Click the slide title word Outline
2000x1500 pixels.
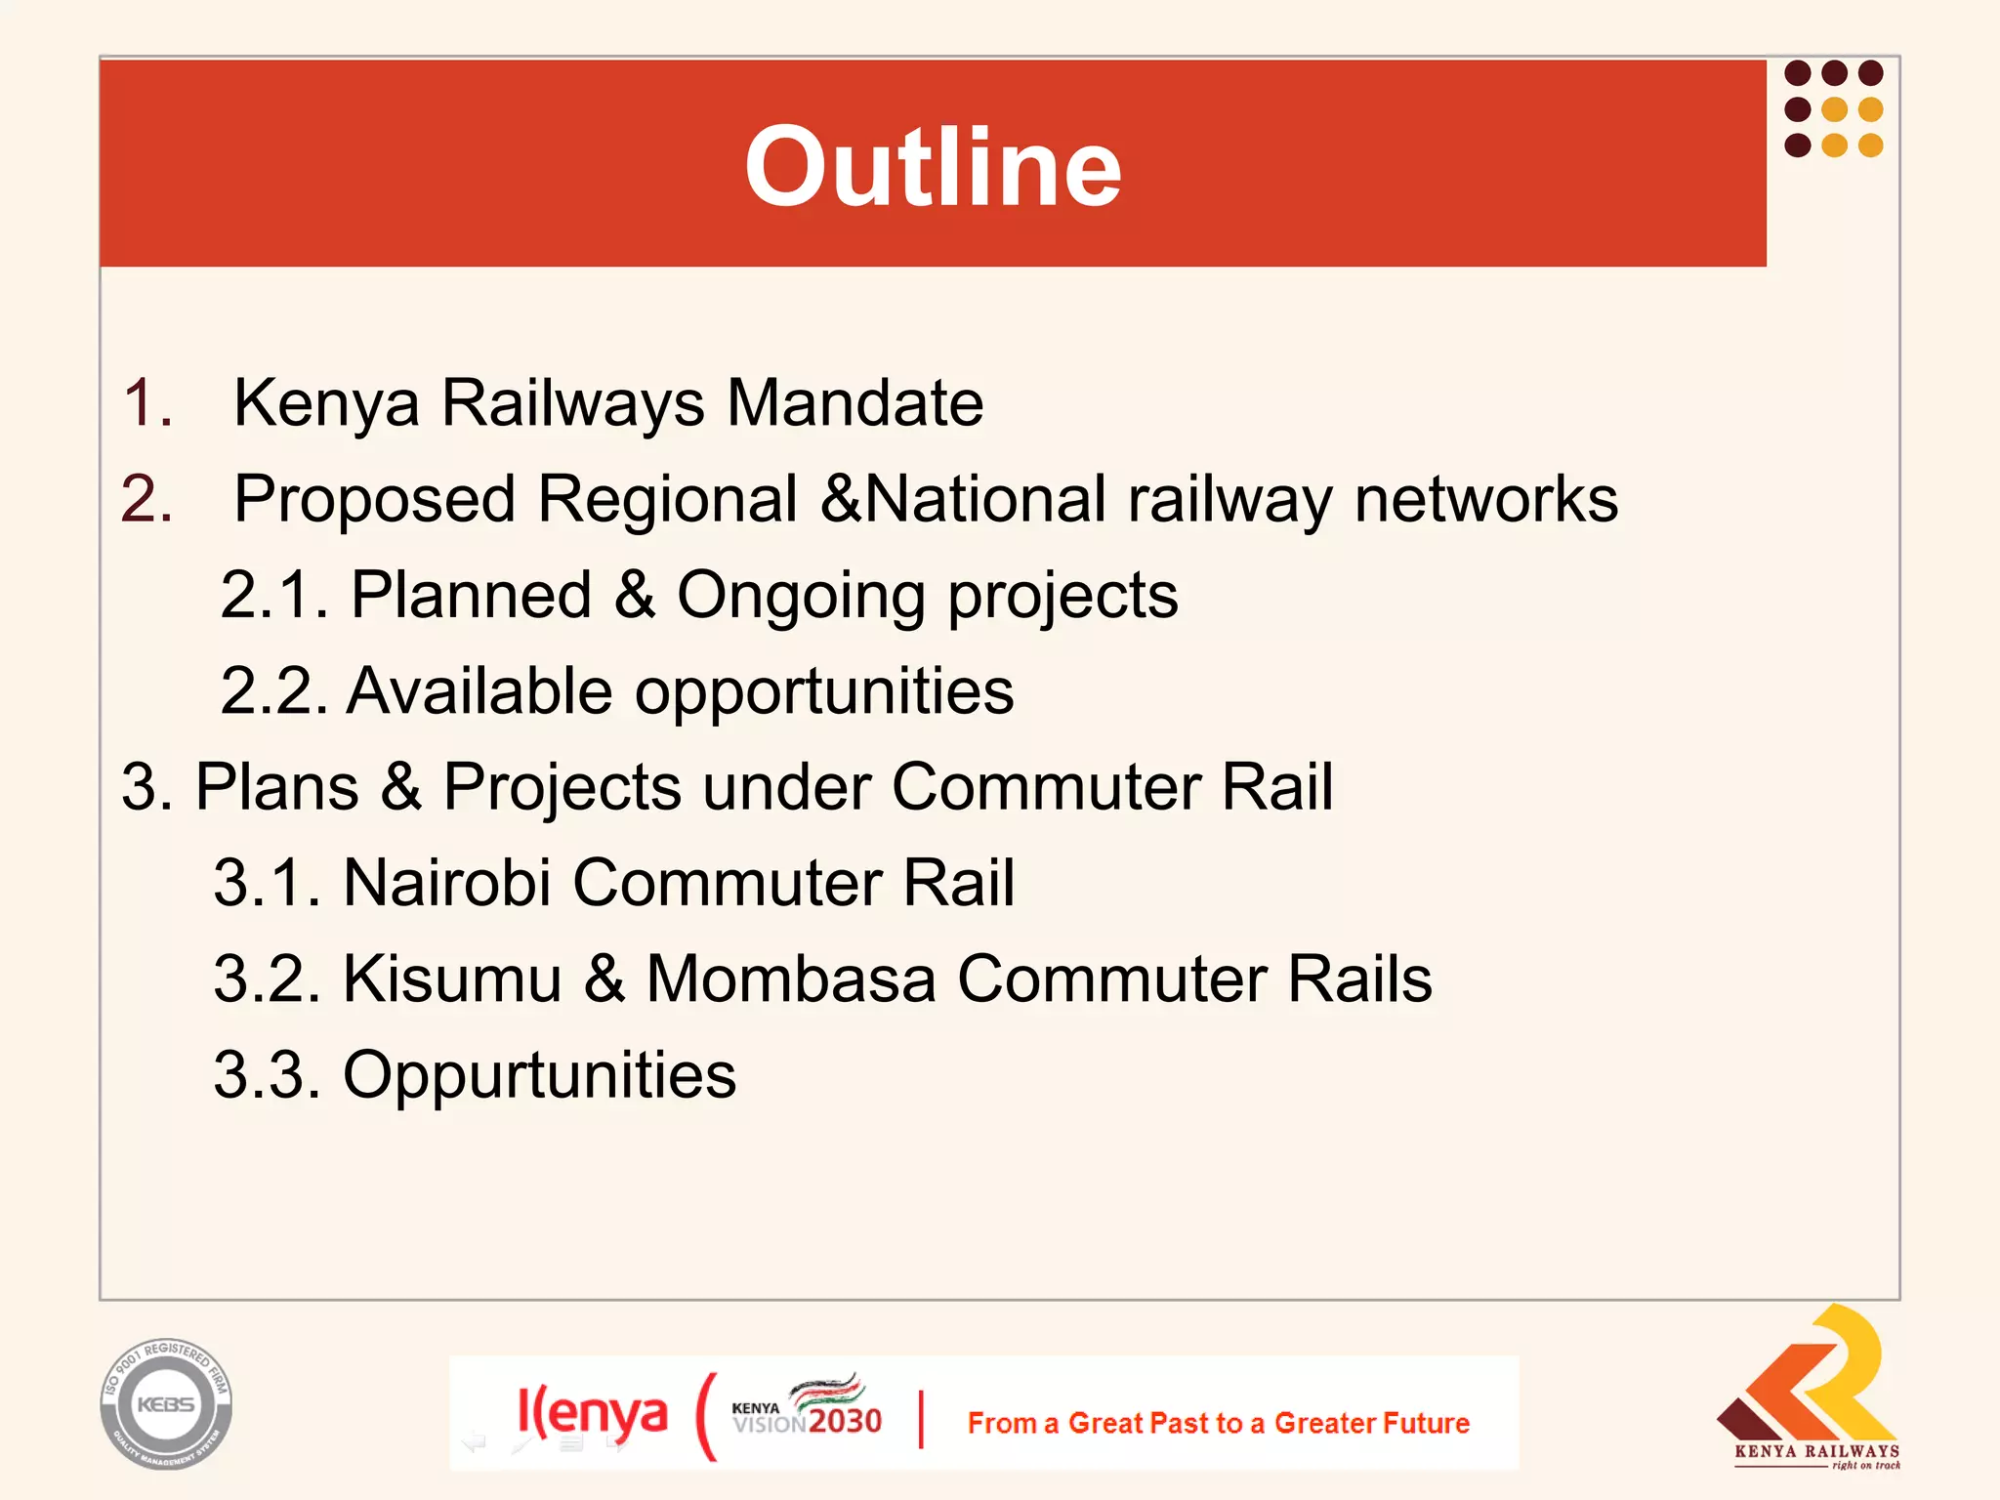[933, 168]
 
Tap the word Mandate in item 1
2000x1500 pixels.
[854, 402]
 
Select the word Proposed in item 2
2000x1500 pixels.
[374, 500]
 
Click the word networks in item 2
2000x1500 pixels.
[1485, 499]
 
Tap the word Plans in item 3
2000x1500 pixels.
[276, 786]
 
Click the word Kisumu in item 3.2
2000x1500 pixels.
[451, 979]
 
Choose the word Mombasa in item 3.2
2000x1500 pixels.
[790, 979]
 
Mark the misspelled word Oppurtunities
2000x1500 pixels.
[539, 1075]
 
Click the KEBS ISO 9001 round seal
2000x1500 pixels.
[166, 1404]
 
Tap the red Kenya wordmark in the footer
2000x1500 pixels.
[592, 1413]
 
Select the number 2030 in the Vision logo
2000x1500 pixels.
[844, 1421]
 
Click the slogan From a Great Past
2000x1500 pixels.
[1218, 1423]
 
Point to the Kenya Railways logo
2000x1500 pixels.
[1812, 1387]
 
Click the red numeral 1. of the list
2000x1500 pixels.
[147, 402]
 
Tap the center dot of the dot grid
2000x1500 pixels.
[1834, 109]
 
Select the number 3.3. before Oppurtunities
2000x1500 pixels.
[267, 1075]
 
